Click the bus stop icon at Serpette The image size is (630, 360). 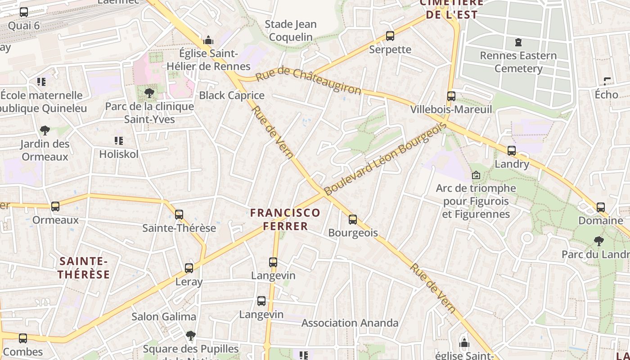[x=390, y=36]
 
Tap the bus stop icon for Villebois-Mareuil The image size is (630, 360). [x=451, y=96]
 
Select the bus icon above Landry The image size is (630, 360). [x=512, y=151]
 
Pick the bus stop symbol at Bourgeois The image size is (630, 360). [x=353, y=220]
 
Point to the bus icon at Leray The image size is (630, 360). [x=189, y=268]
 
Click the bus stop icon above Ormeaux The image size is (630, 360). [x=55, y=207]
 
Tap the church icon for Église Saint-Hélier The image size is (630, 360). [x=208, y=40]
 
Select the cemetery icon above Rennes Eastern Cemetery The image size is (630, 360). [x=518, y=42]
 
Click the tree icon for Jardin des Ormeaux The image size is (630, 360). [x=45, y=130]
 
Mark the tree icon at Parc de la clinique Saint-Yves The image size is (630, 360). [x=149, y=93]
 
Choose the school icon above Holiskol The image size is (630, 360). [x=119, y=141]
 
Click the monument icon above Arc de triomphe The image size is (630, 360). [x=476, y=175]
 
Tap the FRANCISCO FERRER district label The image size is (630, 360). [x=285, y=219]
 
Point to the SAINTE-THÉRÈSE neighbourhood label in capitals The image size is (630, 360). [x=84, y=268]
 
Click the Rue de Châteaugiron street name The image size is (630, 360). [x=308, y=81]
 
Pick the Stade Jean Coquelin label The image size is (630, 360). [x=291, y=31]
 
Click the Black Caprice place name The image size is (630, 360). [x=232, y=95]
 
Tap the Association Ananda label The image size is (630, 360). [x=350, y=323]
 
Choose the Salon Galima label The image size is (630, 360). [x=164, y=316]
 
